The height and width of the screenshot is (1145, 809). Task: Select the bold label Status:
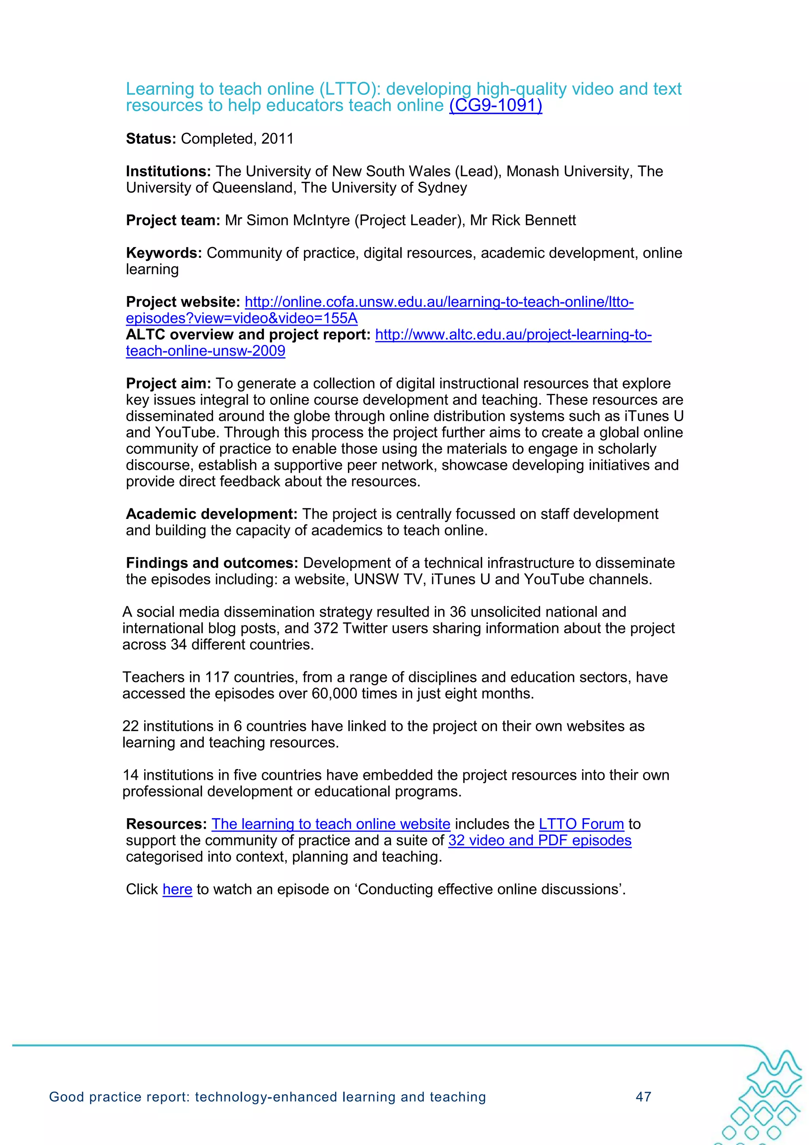[x=151, y=139]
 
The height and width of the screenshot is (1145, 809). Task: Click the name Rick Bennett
[x=533, y=221]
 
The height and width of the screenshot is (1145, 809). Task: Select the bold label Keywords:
[x=164, y=253]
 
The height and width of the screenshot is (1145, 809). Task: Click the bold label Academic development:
[x=211, y=514]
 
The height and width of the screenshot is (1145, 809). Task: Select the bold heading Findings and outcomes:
[x=212, y=563]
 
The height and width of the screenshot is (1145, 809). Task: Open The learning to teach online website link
[x=331, y=824]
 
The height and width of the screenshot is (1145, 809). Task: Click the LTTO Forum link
[x=581, y=824]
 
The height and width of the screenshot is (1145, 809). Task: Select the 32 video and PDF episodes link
[x=539, y=841]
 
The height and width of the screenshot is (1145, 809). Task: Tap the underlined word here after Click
[x=177, y=890]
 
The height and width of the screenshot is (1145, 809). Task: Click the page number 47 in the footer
[x=643, y=1097]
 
